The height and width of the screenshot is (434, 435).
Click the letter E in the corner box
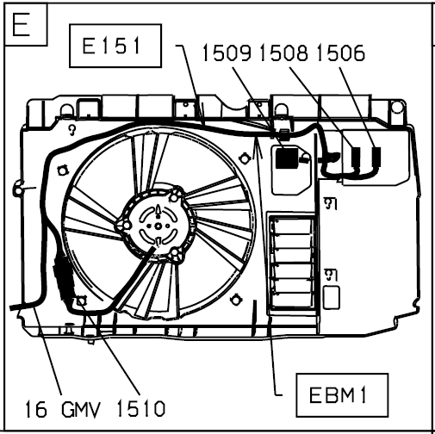coord(21,24)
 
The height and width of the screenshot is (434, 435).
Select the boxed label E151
coord(115,46)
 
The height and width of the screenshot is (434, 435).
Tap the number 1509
coord(227,53)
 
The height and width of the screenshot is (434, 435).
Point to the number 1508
coord(284,53)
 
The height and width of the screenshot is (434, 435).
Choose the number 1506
coord(341,53)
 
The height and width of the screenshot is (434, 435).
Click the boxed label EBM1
coord(342,395)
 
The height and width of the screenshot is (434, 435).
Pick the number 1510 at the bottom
coord(141,408)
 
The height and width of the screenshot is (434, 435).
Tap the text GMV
coord(81,409)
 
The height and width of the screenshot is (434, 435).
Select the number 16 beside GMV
coord(36,409)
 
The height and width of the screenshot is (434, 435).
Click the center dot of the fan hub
coord(158,226)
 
